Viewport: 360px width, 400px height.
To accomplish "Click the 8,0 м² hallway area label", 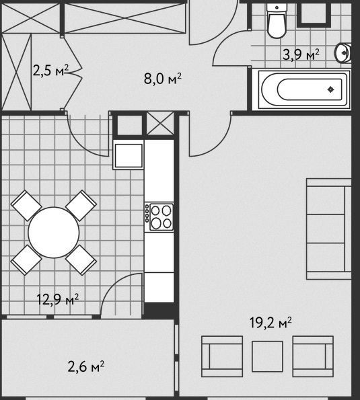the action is [x=163, y=79].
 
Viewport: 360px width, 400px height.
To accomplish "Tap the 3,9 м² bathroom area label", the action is [x=301, y=54].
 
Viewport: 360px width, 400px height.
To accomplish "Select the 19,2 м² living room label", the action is [x=271, y=323].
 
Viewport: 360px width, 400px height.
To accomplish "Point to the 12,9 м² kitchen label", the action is [x=58, y=299].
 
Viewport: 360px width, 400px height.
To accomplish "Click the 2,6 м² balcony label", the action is [x=86, y=366].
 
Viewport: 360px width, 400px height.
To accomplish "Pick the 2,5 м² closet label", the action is [x=51, y=71].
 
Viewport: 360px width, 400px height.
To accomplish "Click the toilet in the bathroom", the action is [x=277, y=21].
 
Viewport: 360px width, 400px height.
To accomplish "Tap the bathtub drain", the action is [x=331, y=89].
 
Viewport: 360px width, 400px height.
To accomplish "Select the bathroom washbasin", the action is [x=343, y=53].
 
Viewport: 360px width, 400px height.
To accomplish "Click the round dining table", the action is [x=54, y=233].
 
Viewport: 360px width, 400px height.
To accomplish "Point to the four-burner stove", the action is [x=159, y=216].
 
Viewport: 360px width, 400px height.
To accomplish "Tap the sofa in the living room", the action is [x=329, y=229].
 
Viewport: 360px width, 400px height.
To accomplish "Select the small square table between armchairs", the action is [x=267, y=356].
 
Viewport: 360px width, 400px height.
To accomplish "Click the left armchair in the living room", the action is [x=222, y=356].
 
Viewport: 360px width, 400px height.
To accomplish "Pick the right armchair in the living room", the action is [x=313, y=356].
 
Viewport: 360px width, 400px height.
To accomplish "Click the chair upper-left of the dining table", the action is [x=26, y=205].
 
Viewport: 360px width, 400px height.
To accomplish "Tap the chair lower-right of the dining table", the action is [x=81, y=260].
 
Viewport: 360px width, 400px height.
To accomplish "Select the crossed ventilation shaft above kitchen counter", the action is [x=160, y=123].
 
